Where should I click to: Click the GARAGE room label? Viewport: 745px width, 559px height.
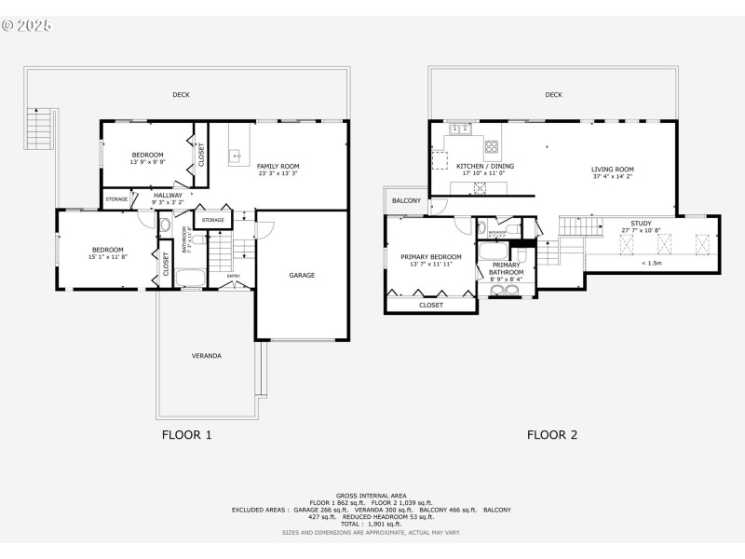point(302,275)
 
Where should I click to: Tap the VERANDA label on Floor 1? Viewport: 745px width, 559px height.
point(207,355)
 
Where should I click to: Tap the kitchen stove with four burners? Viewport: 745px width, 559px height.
point(491,146)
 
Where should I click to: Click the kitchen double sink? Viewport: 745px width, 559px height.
point(459,129)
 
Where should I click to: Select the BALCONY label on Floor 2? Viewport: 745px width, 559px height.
point(406,200)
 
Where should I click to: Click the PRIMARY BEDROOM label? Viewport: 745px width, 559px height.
point(431,256)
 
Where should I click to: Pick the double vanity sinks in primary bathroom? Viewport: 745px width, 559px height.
point(505,290)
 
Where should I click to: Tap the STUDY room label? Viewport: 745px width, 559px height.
point(642,224)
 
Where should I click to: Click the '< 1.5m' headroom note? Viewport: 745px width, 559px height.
point(653,263)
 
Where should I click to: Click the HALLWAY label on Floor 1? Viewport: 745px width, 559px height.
point(169,195)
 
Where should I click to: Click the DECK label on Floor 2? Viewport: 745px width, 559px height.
point(554,94)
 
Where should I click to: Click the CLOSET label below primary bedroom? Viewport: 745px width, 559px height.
point(431,305)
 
